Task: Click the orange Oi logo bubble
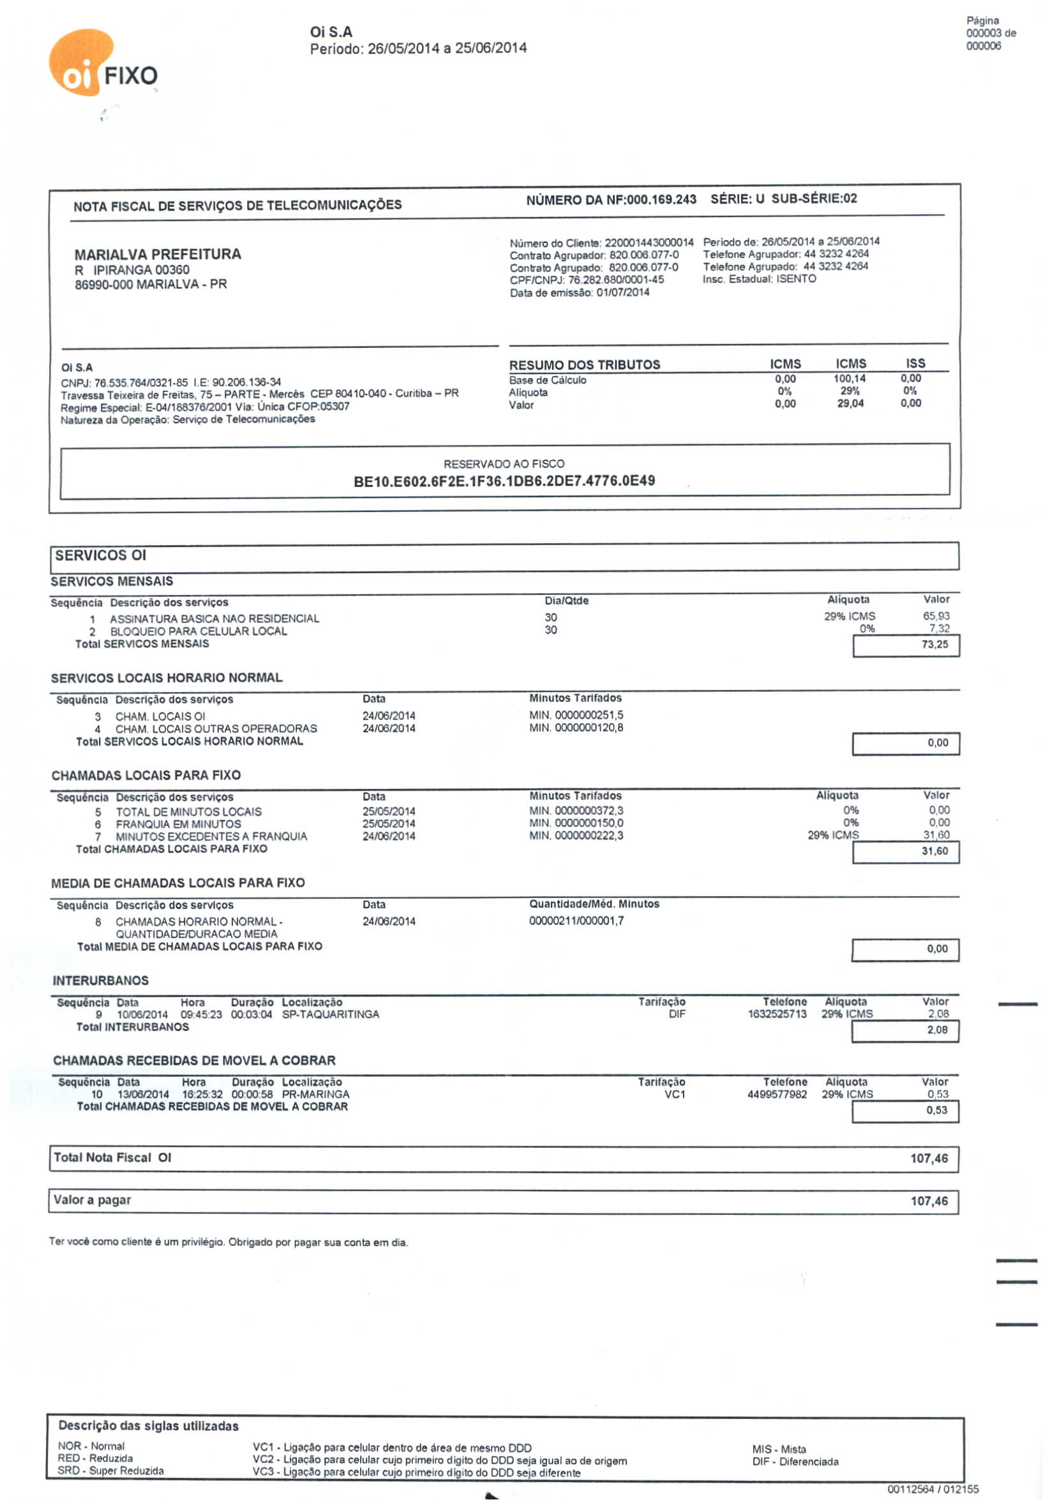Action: [80, 63]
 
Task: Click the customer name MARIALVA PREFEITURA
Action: [158, 254]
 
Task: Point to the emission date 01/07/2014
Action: [622, 292]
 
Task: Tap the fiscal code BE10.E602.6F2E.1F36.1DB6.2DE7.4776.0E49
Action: [504, 481]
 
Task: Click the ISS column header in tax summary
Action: [915, 363]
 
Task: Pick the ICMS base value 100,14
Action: [850, 379]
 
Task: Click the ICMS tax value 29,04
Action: [850, 403]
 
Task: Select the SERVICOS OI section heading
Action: [100, 555]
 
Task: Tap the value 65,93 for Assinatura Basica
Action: [936, 616]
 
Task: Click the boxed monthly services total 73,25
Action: [935, 644]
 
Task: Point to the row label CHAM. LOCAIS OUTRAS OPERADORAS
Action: [216, 728]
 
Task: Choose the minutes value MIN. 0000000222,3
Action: [576, 836]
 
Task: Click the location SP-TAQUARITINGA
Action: [331, 1014]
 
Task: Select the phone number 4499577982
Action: [777, 1094]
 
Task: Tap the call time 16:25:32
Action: [202, 1094]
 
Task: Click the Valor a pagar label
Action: [93, 1200]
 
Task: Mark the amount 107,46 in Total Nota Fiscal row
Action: [928, 1159]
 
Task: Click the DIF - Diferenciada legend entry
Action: [795, 1462]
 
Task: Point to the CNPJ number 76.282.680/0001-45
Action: [616, 280]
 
